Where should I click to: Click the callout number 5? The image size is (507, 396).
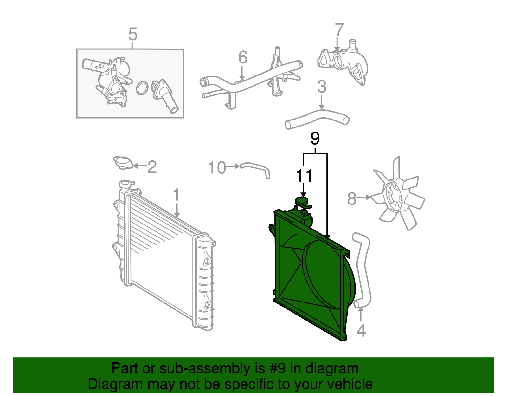click(133, 34)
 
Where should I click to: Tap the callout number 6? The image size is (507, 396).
click(242, 57)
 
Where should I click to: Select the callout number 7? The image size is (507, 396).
click(339, 30)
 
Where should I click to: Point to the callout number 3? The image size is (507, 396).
click(322, 87)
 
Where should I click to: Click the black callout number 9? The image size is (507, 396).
click(315, 138)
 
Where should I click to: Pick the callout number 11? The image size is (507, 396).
click(304, 176)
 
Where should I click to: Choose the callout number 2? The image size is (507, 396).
click(152, 167)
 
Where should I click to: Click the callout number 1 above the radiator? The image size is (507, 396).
click(176, 195)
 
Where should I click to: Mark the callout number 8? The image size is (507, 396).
click(352, 199)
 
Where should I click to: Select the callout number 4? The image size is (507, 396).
click(361, 331)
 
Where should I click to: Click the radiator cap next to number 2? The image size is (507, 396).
click(123, 163)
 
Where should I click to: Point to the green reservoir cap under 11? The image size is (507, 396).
click(301, 201)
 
